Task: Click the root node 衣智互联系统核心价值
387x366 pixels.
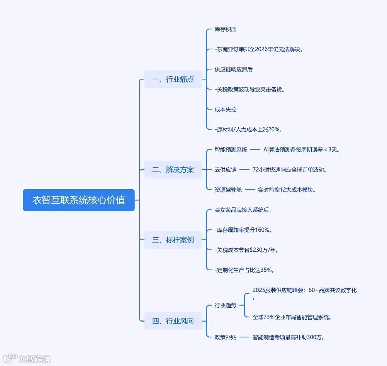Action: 79,200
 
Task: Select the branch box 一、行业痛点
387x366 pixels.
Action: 173,80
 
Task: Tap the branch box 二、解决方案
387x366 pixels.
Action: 173,169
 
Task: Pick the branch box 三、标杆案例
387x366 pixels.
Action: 173,240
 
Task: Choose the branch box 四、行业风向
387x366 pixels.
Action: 173,321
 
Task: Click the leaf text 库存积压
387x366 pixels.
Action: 226,29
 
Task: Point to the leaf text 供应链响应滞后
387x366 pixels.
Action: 234,69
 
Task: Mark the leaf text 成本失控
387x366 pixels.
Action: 226,110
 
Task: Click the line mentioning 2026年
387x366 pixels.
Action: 259,49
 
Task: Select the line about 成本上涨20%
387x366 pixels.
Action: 251,130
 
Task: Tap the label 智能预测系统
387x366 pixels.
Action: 231,150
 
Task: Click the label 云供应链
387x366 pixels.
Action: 226,169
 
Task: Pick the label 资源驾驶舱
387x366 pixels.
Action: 228,190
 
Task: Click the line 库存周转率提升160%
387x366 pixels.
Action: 244,230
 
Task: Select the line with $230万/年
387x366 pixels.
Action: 247,250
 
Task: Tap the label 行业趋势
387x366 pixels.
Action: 226,305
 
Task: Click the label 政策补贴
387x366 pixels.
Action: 226,337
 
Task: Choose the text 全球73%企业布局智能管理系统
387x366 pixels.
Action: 292,317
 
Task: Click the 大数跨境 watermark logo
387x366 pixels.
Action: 27,359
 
